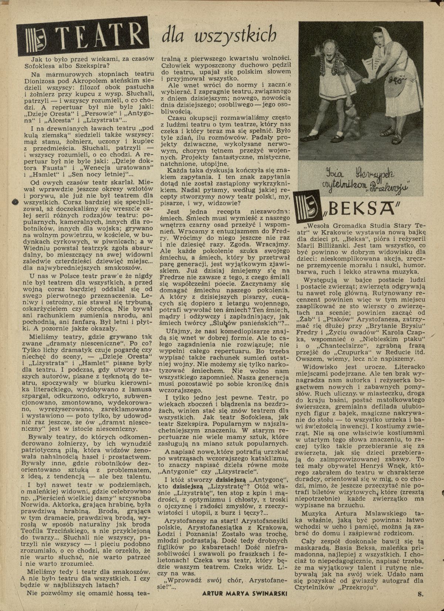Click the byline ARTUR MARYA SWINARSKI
(245, 604)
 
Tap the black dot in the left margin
(16, 202)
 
